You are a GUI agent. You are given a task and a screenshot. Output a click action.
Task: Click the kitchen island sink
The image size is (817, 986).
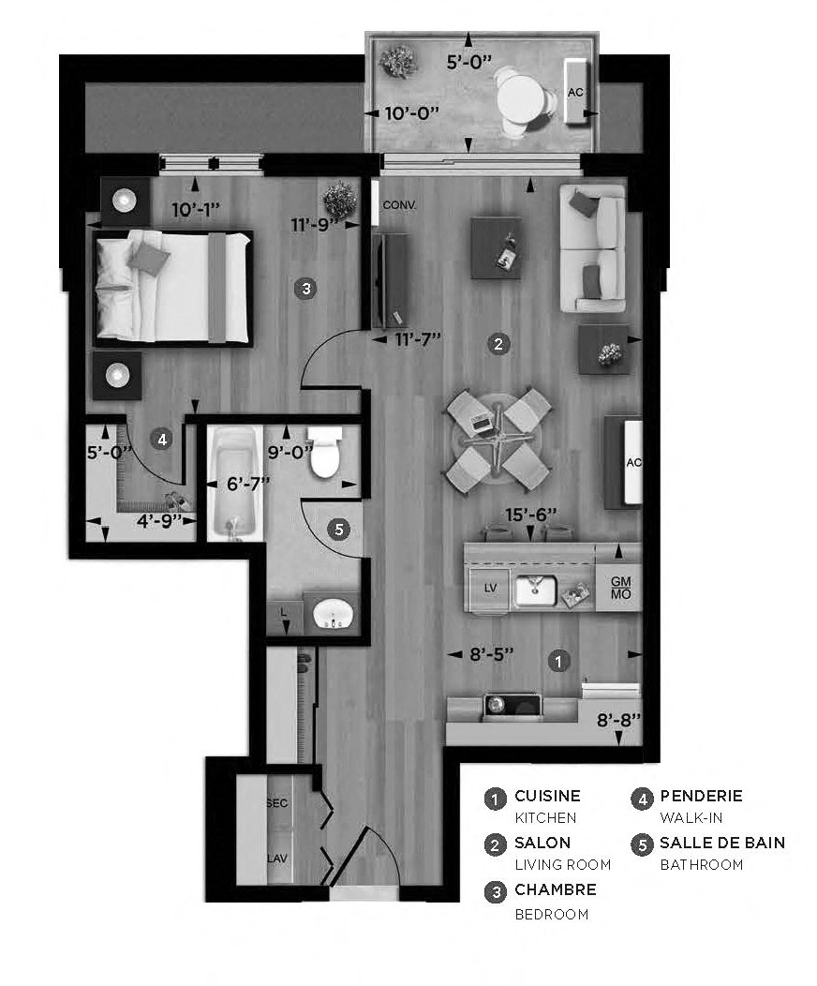tap(537, 589)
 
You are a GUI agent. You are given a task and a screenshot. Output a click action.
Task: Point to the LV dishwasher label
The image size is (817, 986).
tap(489, 588)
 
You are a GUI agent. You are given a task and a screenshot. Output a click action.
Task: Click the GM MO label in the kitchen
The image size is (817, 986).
tap(619, 589)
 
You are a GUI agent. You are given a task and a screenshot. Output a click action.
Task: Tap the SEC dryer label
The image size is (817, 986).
tap(276, 804)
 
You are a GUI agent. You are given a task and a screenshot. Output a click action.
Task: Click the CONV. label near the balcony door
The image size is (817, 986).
tap(399, 204)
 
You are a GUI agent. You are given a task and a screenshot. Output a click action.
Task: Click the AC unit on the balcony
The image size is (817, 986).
tap(576, 92)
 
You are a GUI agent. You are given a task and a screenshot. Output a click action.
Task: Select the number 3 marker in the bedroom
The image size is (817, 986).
tap(304, 289)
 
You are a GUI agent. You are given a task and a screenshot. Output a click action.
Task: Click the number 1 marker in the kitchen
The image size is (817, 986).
tap(558, 661)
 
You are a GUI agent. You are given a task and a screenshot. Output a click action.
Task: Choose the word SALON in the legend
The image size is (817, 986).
tap(542, 843)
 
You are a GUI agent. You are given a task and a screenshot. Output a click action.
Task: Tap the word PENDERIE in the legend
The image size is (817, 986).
tap(701, 796)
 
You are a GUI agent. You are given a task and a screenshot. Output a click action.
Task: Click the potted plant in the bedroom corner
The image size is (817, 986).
tap(338, 200)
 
